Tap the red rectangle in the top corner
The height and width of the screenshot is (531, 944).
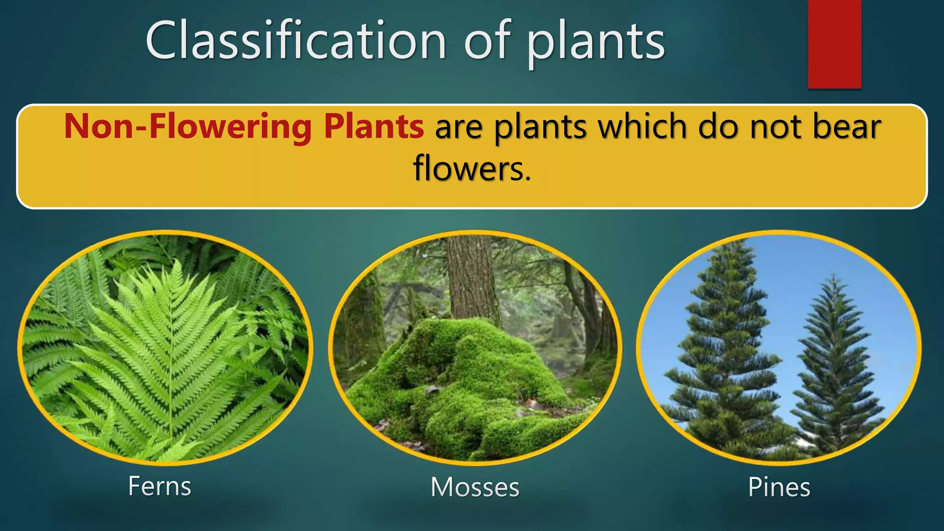[x=834, y=44]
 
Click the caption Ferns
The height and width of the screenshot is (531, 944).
[x=159, y=486]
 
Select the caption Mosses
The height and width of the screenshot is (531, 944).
[x=475, y=487]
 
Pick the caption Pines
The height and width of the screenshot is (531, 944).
[x=779, y=487]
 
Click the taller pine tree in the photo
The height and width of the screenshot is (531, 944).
[x=724, y=350]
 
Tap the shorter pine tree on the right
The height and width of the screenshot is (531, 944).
[x=834, y=364]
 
